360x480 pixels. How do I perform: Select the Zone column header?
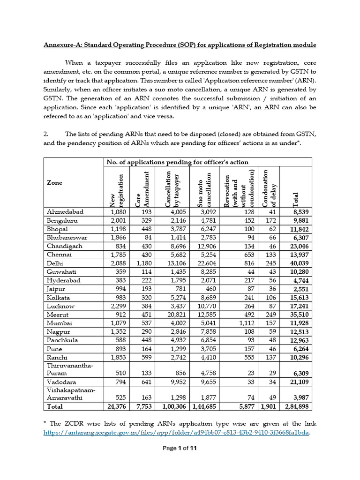pyautogui.click(x=54, y=183)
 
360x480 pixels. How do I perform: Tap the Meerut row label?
pyautogui.click(x=58, y=315)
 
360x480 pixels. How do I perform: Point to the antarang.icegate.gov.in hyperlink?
pyautogui.click(x=176, y=433)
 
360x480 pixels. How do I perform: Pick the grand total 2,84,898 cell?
pyautogui.click(x=299, y=407)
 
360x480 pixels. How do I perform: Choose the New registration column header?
pyautogui.click(x=116, y=190)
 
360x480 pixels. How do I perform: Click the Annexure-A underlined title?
pyautogui.click(x=180, y=45)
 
